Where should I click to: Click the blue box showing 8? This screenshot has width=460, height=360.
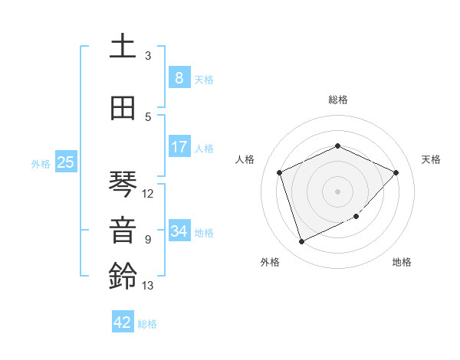tap(179, 77)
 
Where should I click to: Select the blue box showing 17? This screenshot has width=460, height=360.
tap(179, 147)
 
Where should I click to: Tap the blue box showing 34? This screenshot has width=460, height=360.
tap(179, 231)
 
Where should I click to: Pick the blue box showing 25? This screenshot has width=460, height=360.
tap(65, 162)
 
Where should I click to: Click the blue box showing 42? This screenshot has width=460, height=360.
tap(123, 322)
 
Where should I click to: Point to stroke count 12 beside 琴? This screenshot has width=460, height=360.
tap(148, 194)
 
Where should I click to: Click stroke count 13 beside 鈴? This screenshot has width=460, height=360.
tap(148, 286)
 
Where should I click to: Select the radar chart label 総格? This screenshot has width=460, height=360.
tap(338, 100)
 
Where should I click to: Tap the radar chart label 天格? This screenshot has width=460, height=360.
tap(432, 159)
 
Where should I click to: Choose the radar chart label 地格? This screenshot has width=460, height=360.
tap(402, 262)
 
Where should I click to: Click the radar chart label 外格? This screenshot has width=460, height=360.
tap(270, 262)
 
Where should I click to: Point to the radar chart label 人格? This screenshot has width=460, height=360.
tap(245, 159)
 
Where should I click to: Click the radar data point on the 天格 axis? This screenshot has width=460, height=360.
tap(396, 172)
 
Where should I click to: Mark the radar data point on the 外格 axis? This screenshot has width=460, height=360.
tap(301, 242)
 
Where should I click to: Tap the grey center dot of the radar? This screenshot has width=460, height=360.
tap(338, 191)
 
